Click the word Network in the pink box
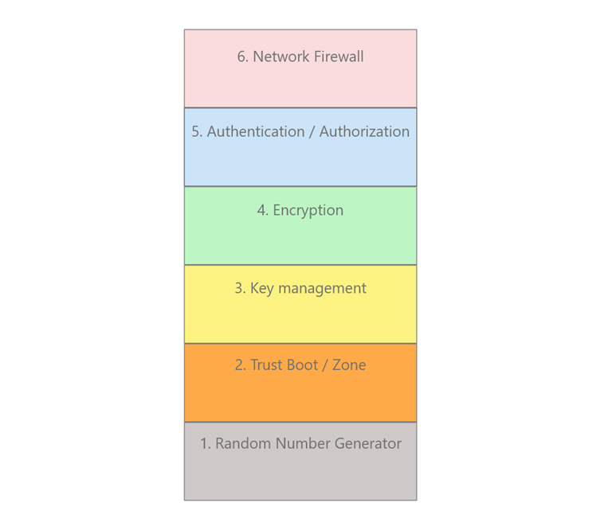pos(281,56)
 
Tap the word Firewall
pos(339,56)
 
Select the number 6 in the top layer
pos(242,56)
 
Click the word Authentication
pos(256,131)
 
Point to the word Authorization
pos(364,131)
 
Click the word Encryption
pos(308,211)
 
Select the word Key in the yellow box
pos(262,289)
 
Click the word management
pos(323,289)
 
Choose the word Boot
pos(303,365)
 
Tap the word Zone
pos(349,365)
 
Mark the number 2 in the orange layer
pos(240,365)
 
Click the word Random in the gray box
pos(243,443)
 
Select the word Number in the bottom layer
pos(303,443)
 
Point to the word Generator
pos(367,443)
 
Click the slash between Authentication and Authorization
pos(312,132)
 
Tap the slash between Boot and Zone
pos(325,365)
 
